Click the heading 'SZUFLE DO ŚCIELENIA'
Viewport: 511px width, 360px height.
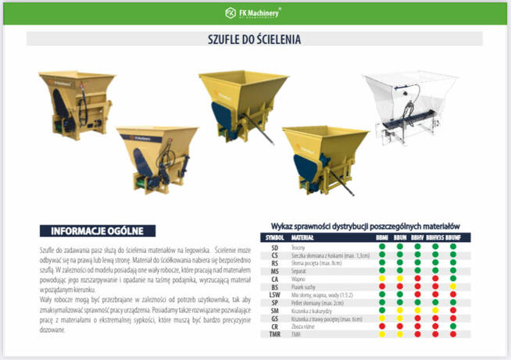click(x=256, y=38)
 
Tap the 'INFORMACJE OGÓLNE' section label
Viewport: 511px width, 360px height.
click(x=97, y=230)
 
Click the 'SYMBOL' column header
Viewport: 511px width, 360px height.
click(x=274, y=237)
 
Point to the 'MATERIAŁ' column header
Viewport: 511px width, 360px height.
click(x=302, y=237)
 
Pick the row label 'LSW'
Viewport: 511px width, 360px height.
click(x=274, y=294)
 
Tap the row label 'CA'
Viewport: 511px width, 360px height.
click(x=274, y=278)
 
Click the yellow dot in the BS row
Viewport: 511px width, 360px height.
click(x=453, y=286)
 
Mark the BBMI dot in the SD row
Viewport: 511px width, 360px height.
click(x=382, y=247)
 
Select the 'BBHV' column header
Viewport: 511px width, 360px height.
click(x=417, y=237)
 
